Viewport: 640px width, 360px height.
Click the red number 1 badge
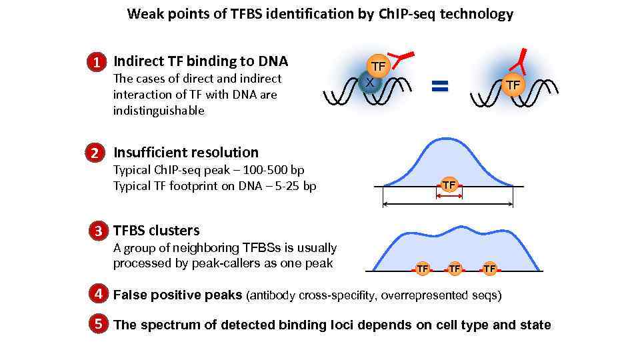click(97, 63)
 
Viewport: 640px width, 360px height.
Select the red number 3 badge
click(97, 231)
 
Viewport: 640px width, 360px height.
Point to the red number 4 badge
click(98, 294)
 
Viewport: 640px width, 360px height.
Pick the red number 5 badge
click(98, 325)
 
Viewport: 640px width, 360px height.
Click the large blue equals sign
click(439, 85)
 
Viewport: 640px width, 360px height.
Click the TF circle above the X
click(378, 66)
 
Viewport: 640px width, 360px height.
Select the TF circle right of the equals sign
click(512, 85)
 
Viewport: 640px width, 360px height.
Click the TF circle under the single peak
click(449, 185)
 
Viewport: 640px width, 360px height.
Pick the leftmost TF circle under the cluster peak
click(422, 269)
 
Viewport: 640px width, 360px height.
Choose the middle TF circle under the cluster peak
click(455, 269)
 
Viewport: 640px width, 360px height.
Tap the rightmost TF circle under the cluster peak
click(490, 269)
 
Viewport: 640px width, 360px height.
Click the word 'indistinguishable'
click(159, 111)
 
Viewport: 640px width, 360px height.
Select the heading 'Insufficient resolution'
click(186, 152)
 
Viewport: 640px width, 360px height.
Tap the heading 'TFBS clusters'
click(157, 231)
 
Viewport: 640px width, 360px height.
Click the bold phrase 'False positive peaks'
click(177, 295)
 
